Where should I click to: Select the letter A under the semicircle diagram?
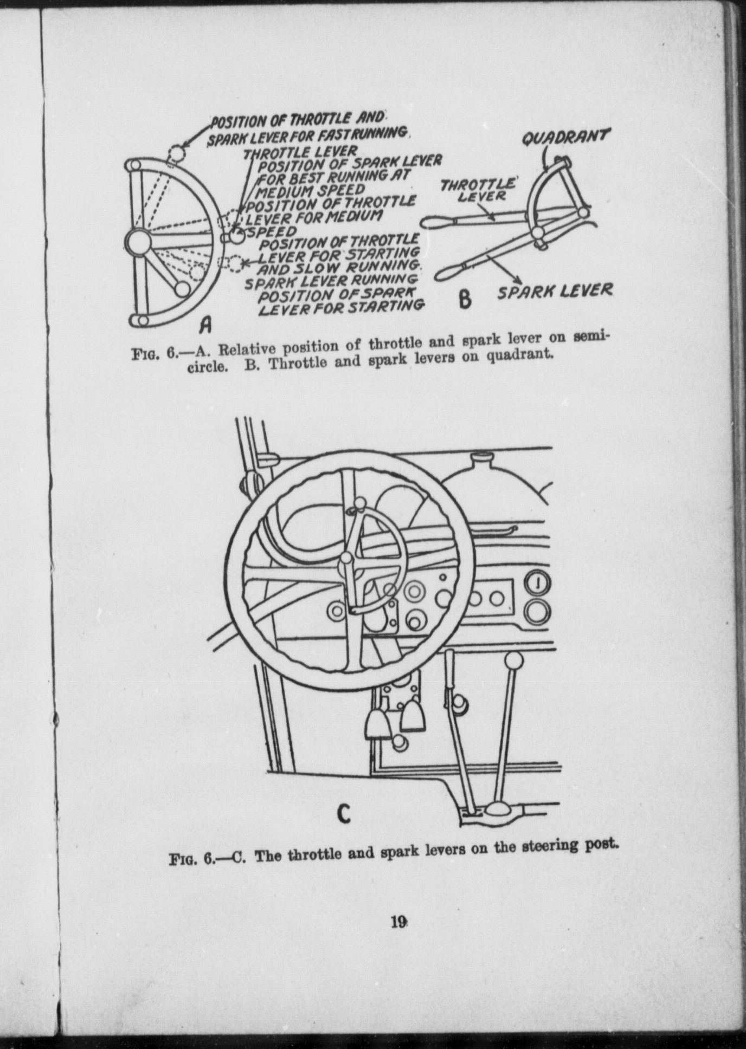pos(205,325)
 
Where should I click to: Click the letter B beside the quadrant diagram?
pos(465,299)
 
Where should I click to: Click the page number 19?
pos(398,922)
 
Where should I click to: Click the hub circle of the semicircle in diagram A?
pos(137,240)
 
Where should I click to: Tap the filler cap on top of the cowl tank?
pos(481,458)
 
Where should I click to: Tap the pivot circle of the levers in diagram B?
pos(538,233)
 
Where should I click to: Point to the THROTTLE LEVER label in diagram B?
pos(477,190)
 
